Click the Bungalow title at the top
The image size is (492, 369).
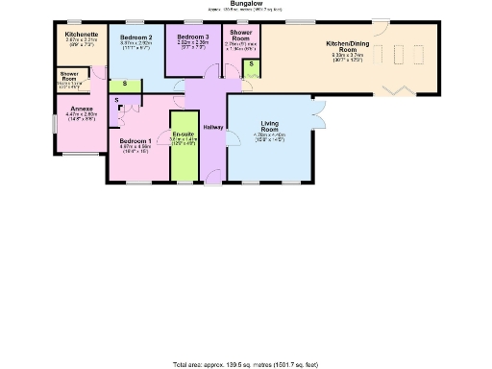[245, 4]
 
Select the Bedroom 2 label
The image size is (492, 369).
[136, 37]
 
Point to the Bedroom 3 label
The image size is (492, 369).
[192, 37]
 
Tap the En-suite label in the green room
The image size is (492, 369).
[183, 135]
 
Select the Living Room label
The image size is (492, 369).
[270, 123]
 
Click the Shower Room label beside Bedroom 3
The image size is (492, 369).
[240, 35]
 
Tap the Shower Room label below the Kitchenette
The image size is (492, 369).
[69, 75]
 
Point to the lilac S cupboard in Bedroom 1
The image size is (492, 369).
[116, 99]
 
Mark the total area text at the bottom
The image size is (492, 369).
[245, 364]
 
